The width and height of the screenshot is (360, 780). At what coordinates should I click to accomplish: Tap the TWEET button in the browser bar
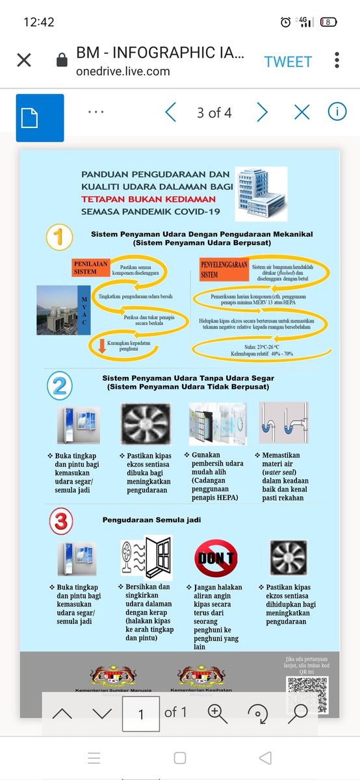288,61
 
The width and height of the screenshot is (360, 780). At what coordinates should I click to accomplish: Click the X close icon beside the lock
23,60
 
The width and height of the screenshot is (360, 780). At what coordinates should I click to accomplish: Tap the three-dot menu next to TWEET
337,60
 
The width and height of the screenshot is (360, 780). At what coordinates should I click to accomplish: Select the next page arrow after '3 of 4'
262,112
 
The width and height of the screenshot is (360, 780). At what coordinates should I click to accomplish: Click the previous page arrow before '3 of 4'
171,112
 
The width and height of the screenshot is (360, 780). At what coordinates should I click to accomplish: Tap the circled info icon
337,112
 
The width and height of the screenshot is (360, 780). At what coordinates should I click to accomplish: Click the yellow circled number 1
60,237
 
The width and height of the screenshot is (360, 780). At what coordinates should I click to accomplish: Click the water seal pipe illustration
283,424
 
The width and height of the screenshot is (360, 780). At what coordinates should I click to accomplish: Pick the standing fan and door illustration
146,558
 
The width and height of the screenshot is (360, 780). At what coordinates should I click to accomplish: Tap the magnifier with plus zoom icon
217,713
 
